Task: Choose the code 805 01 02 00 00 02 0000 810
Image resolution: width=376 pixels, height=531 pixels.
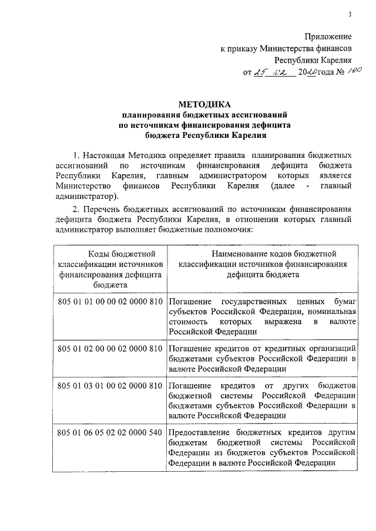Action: pos(110,348)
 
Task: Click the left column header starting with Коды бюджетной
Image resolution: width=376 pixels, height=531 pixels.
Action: pos(110,253)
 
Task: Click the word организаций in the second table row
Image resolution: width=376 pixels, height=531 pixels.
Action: pos(333,348)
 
